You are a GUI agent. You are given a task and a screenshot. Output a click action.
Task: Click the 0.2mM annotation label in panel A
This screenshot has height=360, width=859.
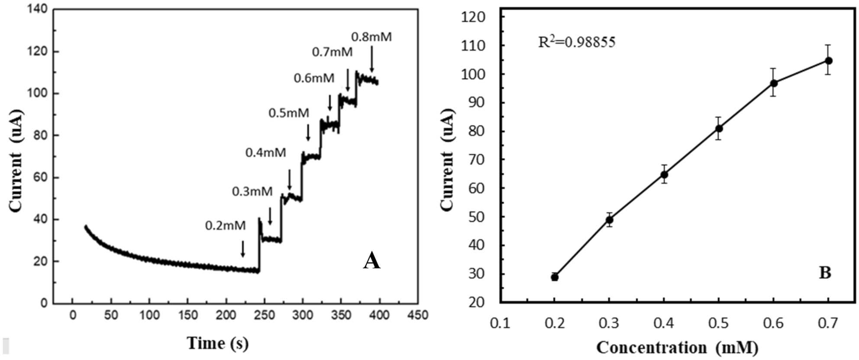click(x=225, y=226)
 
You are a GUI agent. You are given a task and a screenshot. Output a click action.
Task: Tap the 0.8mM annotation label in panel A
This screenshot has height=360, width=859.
click(x=371, y=37)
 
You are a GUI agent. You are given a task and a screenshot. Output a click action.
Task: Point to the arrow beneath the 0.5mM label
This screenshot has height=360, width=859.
click(x=308, y=132)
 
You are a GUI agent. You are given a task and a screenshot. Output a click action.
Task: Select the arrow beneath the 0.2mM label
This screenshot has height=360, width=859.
click(x=243, y=249)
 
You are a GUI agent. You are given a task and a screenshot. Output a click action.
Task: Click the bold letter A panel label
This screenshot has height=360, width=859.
click(x=371, y=261)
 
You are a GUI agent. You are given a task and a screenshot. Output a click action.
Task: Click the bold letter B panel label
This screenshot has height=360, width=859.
click(x=825, y=273)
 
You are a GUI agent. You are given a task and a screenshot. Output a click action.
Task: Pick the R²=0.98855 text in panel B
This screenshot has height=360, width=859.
click(x=576, y=42)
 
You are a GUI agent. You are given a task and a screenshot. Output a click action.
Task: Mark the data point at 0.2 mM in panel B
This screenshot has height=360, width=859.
click(x=555, y=277)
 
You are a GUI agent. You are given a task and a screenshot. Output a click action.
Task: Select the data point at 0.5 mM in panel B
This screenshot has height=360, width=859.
click(x=719, y=129)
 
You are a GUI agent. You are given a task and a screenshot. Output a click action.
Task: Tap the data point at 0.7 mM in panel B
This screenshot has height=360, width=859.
click(x=828, y=61)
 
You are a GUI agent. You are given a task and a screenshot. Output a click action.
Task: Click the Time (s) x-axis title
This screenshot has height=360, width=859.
click(x=218, y=343)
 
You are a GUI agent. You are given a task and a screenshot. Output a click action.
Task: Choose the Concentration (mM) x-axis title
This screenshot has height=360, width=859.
click(x=677, y=347)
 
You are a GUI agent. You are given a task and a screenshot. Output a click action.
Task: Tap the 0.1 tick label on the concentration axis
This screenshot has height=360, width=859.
click(x=500, y=323)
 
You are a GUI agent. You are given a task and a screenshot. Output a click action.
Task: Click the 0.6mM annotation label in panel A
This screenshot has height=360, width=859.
click(x=314, y=78)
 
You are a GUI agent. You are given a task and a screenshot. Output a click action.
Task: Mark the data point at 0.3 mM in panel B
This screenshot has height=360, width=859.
click(x=609, y=220)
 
